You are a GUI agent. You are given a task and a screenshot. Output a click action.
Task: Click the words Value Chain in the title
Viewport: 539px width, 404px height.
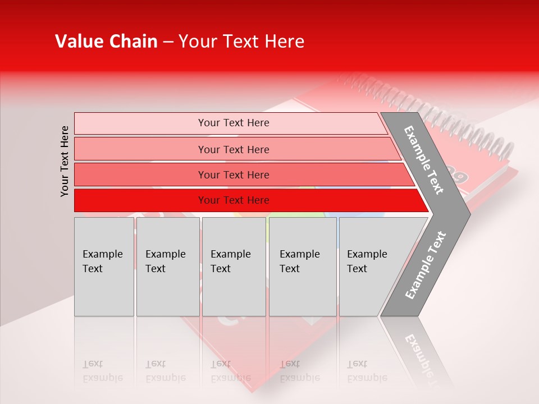106,42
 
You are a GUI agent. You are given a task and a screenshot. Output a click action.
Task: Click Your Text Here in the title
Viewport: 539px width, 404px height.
241,42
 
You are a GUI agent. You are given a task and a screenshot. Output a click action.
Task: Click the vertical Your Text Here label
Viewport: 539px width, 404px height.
65,161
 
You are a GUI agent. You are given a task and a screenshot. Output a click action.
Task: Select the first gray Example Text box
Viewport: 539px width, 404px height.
104,267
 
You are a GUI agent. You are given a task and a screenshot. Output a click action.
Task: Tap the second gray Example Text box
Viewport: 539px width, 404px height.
167,267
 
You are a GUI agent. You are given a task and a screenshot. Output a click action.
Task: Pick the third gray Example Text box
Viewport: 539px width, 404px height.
234,267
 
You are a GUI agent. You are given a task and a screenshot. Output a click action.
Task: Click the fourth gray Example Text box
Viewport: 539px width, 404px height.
302,267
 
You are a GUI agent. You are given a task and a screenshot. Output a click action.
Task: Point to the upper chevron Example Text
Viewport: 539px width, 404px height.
424,160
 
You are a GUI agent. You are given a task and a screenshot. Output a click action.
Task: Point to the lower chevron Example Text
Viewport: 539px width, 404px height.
425,265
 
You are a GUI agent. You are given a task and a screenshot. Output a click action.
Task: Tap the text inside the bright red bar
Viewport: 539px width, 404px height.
234,200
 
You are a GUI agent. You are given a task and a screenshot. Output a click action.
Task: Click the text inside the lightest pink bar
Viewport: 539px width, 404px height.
234,123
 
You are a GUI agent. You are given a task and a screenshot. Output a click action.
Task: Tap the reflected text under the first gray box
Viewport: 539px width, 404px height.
102,371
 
